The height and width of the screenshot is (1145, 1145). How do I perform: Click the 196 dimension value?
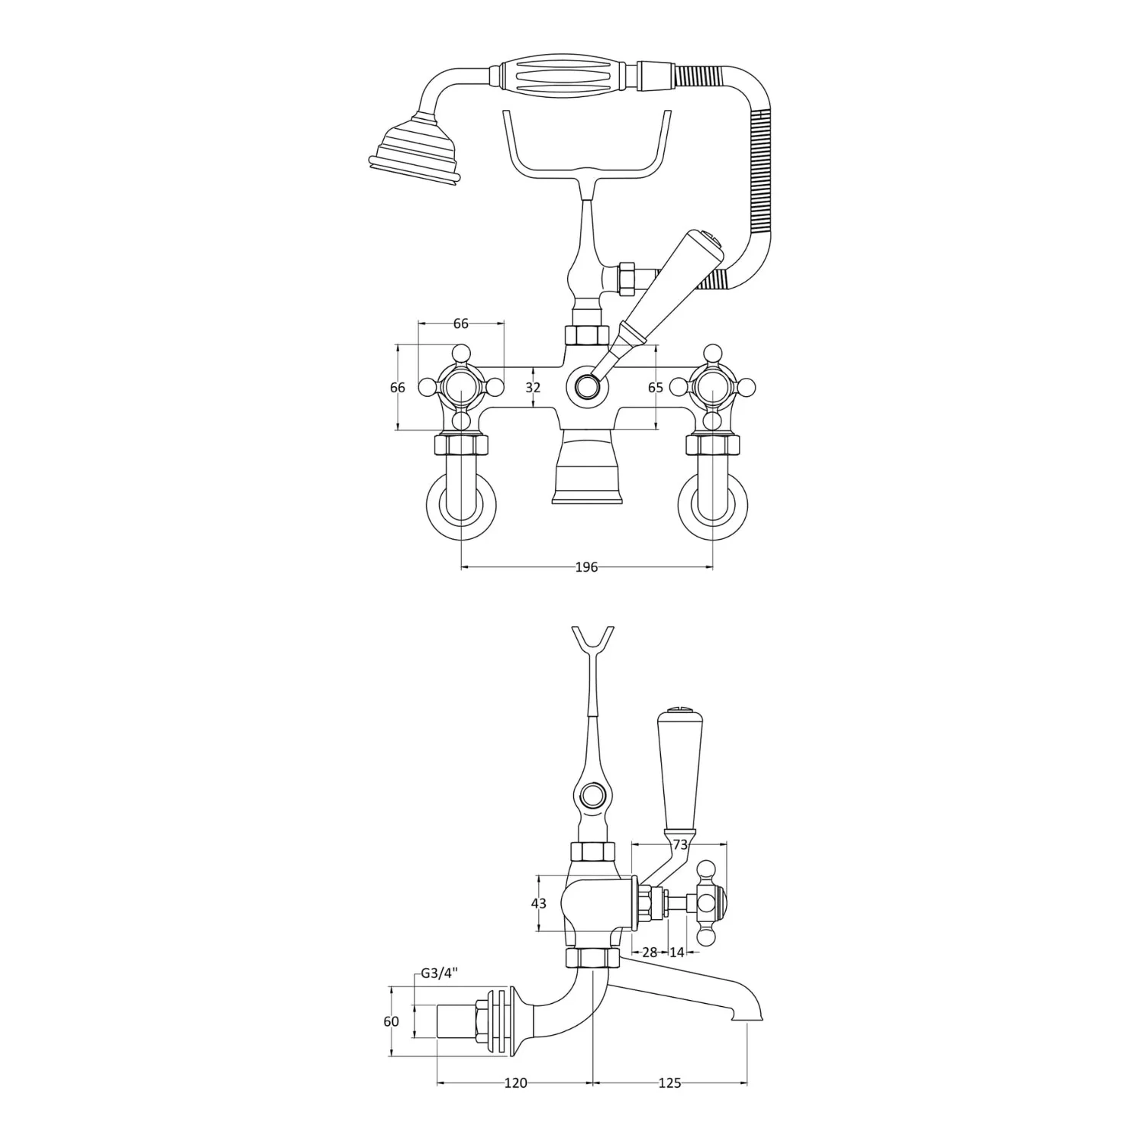tap(586, 567)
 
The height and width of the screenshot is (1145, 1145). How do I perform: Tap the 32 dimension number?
tap(533, 388)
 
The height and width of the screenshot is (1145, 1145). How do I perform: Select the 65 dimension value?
tap(655, 388)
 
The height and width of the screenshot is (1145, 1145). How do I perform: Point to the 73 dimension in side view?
tap(681, 844)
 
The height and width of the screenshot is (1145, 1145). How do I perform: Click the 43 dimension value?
tap(538, 904)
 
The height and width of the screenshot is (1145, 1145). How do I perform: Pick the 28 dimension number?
tap(650, 952)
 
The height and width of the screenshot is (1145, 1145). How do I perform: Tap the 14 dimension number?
tap(676, 952)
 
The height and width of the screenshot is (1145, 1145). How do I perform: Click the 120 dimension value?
tap(515, 1083)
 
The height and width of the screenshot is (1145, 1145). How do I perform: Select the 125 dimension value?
tap(669, 1083)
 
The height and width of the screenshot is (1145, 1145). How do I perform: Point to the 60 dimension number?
tap(391, 1022)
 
